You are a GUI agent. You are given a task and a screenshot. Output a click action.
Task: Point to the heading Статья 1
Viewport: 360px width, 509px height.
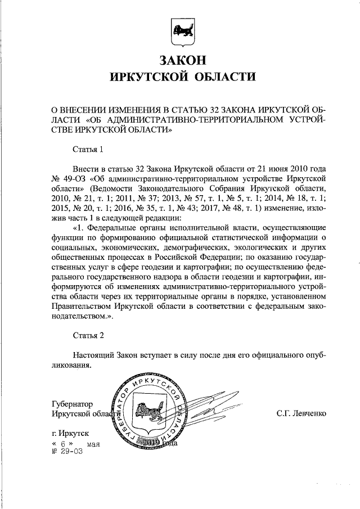click(88, 150)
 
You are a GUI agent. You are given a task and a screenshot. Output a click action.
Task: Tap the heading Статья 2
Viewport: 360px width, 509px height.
click(88, 336)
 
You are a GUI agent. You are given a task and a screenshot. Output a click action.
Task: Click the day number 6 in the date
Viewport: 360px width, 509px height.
click(64, 444)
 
